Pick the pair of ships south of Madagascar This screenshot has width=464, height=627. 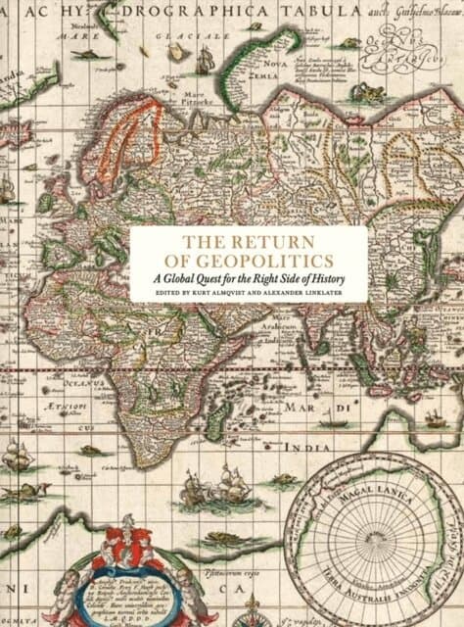[x=228, y=485]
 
